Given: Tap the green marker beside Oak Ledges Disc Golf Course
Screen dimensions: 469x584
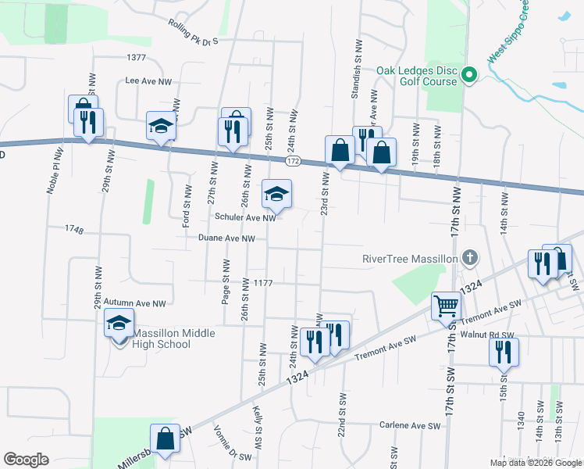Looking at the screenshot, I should [469, 75].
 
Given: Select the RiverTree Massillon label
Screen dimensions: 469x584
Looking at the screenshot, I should [409, 259].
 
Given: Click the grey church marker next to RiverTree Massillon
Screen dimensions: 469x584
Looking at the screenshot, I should [469, 256].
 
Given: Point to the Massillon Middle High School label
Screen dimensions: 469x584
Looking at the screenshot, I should [162, 338].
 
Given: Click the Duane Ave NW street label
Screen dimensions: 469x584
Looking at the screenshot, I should [226, 238].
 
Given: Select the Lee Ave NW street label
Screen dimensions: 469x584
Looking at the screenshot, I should [148, 81].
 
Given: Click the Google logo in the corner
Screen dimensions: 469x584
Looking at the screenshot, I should [26, 460].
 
